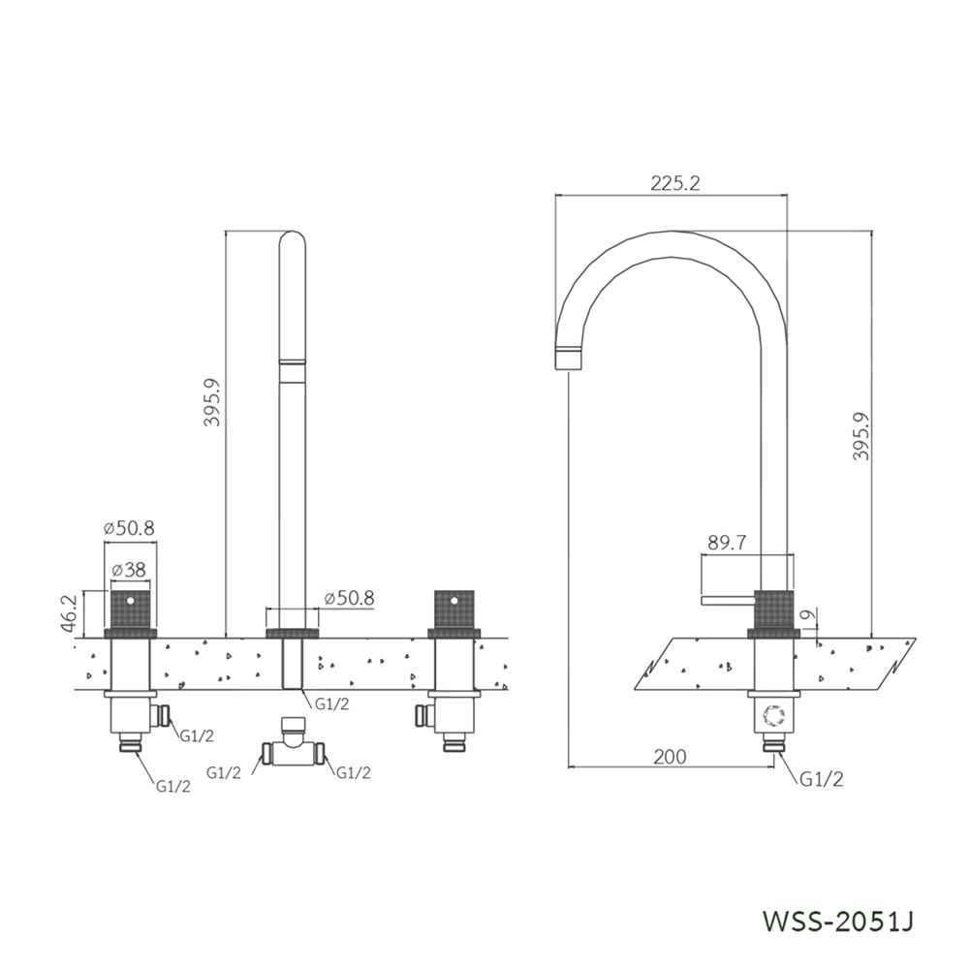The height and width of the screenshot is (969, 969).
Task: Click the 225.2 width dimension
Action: click(x=675, y=183)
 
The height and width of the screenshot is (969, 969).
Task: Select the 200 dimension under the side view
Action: click(x=669, y=757)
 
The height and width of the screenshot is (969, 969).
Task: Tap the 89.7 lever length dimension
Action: click(x=727, y=544)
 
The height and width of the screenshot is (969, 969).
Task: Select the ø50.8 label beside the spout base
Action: click(x=349, y=598)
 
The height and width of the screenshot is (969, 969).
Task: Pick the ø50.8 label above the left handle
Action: click(x=129, y=528)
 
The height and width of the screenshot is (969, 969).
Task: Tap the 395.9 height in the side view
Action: click(x=861, y=436)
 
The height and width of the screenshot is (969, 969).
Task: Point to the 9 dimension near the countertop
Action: click(x=807, y=615)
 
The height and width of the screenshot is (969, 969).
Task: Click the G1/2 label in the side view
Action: click(x=822, y=779)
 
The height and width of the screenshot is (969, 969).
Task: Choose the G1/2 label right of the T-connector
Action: click(x=354, y=772)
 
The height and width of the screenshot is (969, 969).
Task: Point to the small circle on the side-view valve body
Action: click(x=773, y=715)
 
